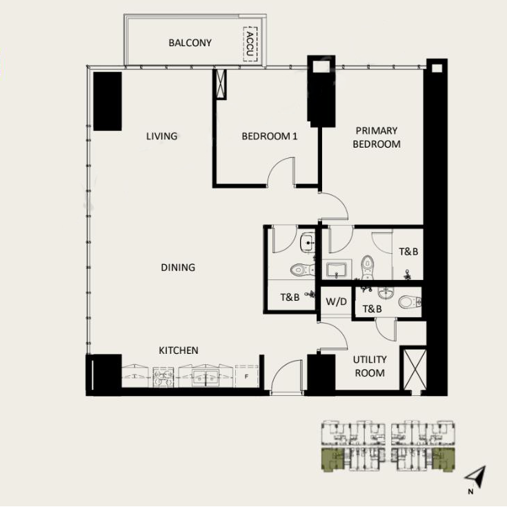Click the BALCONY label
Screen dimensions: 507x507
(190, 43)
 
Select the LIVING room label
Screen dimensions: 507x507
(162, 136)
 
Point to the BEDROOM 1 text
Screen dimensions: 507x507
(269, 136)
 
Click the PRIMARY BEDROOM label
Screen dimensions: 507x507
(377, 137)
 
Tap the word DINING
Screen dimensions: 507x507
(178, 267)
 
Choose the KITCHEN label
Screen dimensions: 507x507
(179, 350)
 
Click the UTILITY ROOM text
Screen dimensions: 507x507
(370, 366)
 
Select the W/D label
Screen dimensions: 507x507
(336, 301)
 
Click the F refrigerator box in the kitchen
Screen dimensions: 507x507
(246, 377)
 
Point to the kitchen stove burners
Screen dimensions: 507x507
(160, 377)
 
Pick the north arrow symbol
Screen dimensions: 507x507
(477, 477)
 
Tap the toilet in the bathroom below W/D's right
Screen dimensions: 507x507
(409, 301)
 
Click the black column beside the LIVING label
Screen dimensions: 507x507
(108, 101)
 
